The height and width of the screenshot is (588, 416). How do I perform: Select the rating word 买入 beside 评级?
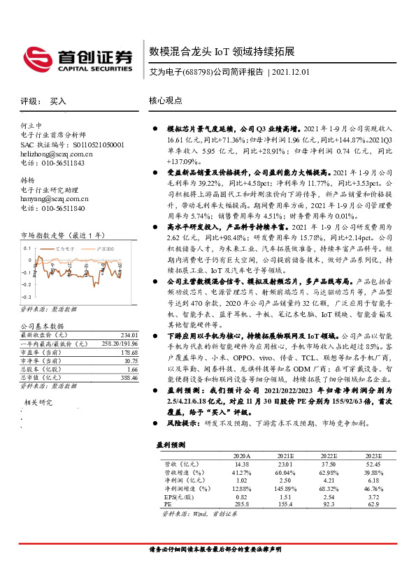pos(58,101)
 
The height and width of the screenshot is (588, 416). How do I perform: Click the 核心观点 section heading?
pos(166,101)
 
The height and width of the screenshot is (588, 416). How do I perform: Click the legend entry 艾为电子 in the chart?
pos(64,248)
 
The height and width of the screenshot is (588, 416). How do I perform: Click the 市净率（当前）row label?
pos(41,360)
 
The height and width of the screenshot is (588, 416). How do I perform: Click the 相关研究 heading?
pos(38,403)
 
